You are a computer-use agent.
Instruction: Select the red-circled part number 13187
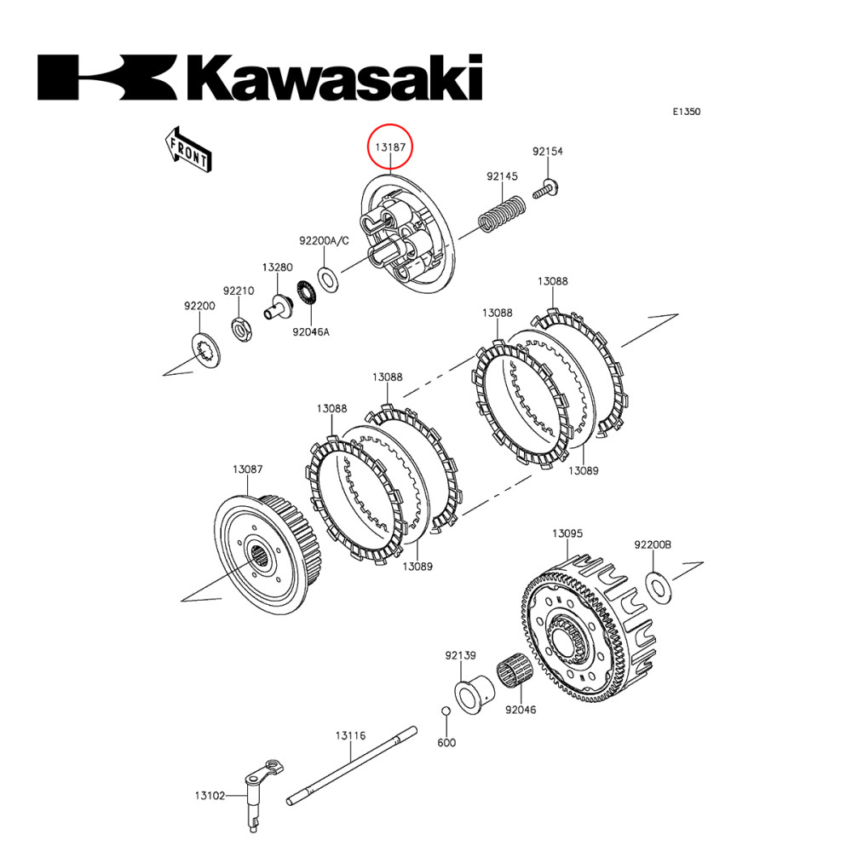[x=390, y=147]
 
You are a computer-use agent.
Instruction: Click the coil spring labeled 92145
[x=502, y=214]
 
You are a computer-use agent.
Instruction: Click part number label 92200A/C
[x=324, y=241]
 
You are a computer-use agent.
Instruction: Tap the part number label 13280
[x=277, y=267]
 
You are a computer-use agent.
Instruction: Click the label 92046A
[x=311, y=332]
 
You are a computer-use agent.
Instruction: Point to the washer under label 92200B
[x=659, y=586]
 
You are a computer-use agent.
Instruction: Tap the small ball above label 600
[x=445, y=711]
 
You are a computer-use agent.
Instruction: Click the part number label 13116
[x=350, y=734]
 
